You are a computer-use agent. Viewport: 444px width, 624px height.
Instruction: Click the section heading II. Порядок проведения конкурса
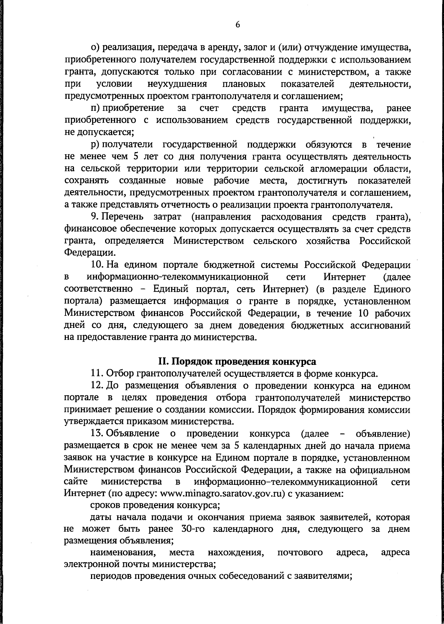coord(237,361)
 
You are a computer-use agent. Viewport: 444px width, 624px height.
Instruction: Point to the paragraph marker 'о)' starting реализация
coord(95,48)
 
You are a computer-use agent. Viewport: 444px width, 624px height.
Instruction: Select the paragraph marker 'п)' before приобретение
coord(95,108)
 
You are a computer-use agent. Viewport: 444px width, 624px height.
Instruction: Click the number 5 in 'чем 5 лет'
coord(135,157)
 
